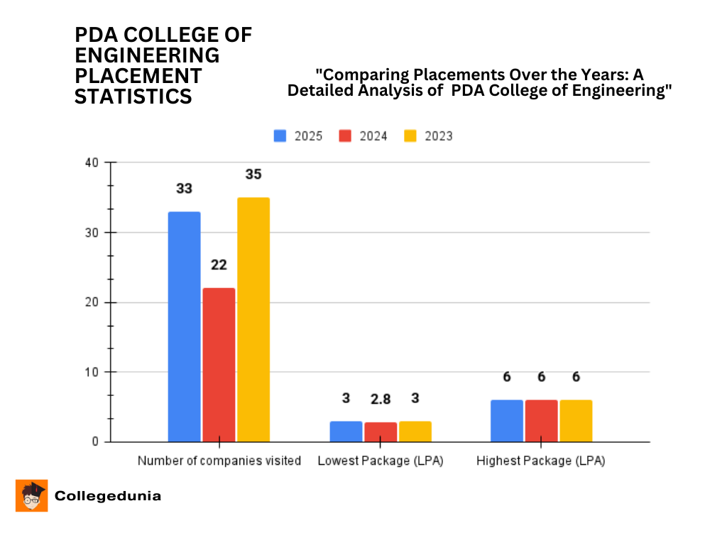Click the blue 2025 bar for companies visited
(185, 326)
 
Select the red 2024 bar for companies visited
(219, 365)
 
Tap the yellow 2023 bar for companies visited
(253, 319)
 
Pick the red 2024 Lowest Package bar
(381, 432)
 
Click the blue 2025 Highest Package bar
(507, 421)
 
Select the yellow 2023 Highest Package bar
(576, 421)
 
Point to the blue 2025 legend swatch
(280, 136)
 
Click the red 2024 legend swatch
(346, 136)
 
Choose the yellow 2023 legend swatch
(411, 136)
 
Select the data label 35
(253, 174)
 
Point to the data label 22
(219, 265)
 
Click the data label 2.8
(381, 399)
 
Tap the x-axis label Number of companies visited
(219, 461)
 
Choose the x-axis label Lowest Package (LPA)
(381, 461)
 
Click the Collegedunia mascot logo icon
(32, 495)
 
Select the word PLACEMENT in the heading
(138, 75)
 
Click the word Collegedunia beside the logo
(108, 496)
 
